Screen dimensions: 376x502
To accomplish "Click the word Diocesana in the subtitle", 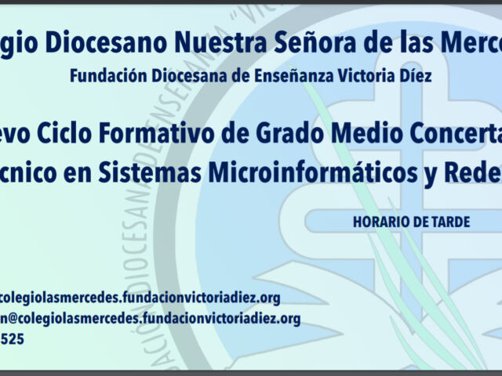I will pos(176,77).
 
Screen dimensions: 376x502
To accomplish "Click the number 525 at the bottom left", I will pos(11,339).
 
